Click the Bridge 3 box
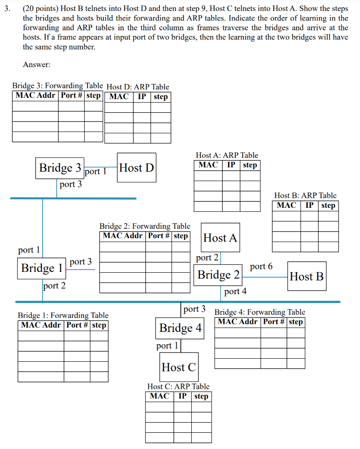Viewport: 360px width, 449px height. click(60, 168)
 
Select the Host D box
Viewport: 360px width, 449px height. click(137, 168)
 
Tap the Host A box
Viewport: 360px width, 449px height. click(220, 238)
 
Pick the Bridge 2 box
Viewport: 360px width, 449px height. click(218, 275)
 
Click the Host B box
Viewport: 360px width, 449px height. click(307, 276)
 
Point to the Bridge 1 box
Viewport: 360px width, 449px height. click(42, 268)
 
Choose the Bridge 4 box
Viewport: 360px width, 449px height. click(180, 328)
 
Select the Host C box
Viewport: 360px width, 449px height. click(178, 367)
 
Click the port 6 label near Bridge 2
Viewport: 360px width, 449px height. click(261, 266)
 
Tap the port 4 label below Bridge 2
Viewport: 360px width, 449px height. click(235, 291)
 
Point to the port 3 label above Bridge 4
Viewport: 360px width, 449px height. click(194, 309)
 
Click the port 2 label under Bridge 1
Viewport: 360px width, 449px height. click(54, 286)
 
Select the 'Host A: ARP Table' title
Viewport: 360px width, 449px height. click(227, 155)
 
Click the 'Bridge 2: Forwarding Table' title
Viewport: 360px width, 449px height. click(145, 226)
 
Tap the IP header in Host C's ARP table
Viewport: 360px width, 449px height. click(182, 396)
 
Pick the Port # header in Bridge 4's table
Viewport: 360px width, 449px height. click(274, 322)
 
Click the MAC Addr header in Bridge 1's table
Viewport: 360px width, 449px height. click(42, 325)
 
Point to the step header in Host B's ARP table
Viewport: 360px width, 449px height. click(328, 205)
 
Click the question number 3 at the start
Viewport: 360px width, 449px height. click(5, 9)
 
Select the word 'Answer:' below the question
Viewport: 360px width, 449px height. click(36, 64)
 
